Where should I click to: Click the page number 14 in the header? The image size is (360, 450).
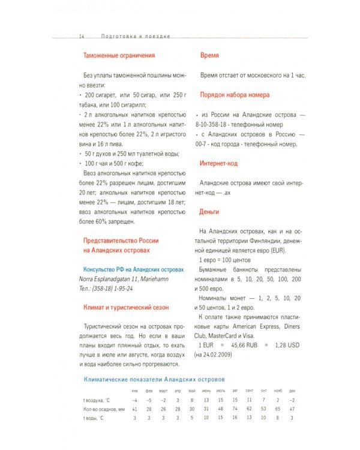click(x=81, y=36)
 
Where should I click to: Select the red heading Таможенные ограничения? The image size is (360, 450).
click(x=119, y=55)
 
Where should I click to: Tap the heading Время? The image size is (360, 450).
click(x=209, y=55)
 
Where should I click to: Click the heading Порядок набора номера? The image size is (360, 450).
click(x=235, y=95)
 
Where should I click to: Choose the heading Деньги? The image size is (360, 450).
click(x=209, y=212)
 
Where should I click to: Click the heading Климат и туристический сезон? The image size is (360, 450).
click(x=126, y=307)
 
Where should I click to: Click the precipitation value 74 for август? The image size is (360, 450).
click(x=235, y=408)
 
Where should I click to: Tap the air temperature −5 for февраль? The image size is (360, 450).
click(x=149, y=399)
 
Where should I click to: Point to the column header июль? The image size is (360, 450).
click(x=220, y=391)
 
